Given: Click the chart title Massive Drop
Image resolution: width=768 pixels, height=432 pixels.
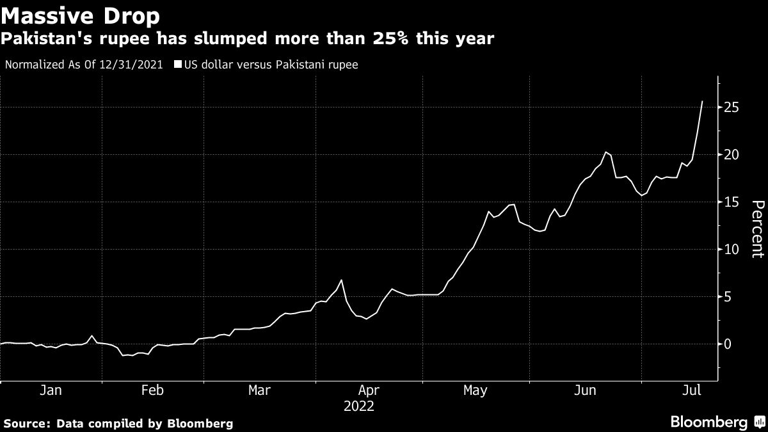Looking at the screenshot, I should click(x=80, y=14).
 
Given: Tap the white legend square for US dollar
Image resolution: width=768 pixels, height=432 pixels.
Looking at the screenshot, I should click(x=178, y=65).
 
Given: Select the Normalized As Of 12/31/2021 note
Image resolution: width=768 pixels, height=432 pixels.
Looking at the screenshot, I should click(x=83, y=65).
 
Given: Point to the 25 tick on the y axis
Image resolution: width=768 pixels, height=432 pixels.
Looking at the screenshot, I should click(x=732, y=108).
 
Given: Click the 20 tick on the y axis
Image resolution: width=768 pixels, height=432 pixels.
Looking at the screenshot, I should click(x=732, y=155).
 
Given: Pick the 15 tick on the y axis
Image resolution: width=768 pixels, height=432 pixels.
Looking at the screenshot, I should click(x=732, y=202).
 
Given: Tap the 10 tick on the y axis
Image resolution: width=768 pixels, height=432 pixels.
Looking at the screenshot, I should click(x=732, y=250).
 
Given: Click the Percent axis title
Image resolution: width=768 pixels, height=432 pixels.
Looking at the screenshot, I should click(x=757, y=228).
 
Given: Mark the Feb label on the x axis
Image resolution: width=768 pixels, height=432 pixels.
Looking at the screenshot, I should click(x=152, y=390).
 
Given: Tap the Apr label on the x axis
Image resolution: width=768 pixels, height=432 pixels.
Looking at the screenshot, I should click(x=369, y=390).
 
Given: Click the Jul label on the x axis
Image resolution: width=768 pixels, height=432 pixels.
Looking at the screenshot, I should click(x=691, y=390).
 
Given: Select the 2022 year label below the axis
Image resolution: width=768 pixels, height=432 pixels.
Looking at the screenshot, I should click(x=358, y=406).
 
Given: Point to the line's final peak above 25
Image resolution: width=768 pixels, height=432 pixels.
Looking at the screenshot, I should click(x=702, y=101).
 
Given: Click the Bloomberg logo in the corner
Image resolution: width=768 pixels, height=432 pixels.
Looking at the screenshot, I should click(x=709, y=422).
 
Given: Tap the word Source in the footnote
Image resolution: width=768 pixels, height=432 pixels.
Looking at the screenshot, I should click(x=26, y=424).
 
